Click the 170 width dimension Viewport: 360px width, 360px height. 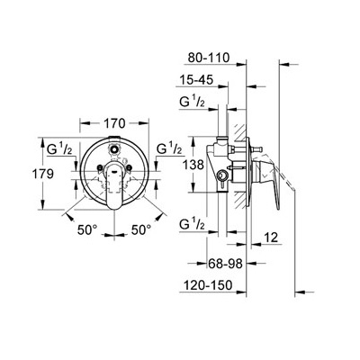click(x=114, y=123)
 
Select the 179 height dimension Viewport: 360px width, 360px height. click(x=43, y=174)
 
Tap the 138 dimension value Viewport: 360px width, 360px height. click(x=193, y=165)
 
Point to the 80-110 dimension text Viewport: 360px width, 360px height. click(x=209, y=58)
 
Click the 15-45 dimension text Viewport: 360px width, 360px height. click(x=196, y=80)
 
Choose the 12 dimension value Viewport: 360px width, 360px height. click(x=272, y=238)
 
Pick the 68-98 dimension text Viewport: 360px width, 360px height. click(x=225, y=264)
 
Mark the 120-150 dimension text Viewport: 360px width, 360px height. click(x=206, y=285)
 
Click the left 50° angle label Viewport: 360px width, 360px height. click(x=87, y=230)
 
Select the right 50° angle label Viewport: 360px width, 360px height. click(x=141, y=230)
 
